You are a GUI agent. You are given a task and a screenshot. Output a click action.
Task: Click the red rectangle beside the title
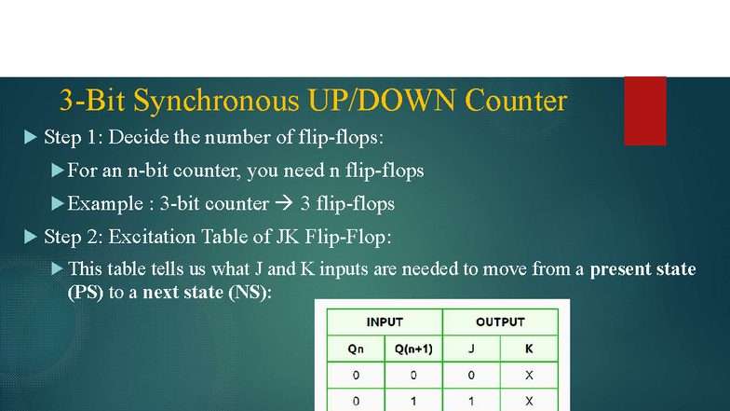(644, 110)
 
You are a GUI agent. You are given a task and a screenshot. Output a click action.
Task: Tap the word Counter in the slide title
(516, 100)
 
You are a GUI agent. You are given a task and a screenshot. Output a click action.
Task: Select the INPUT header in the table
(384, 322)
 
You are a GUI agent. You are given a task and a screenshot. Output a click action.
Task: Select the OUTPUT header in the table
(500, 322)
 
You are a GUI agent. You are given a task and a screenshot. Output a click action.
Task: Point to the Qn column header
(355, 349)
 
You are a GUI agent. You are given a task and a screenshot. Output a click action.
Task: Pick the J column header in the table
(471, 349)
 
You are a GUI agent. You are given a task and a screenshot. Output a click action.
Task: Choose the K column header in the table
(529, 349)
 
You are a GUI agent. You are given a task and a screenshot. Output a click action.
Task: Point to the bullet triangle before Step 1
(28, 138)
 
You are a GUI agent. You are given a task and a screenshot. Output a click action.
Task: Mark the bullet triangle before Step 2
(28, 237)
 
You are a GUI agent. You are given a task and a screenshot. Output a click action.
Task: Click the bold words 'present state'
(642, 269)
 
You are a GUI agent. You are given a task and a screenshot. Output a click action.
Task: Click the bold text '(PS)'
(85, 292)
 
